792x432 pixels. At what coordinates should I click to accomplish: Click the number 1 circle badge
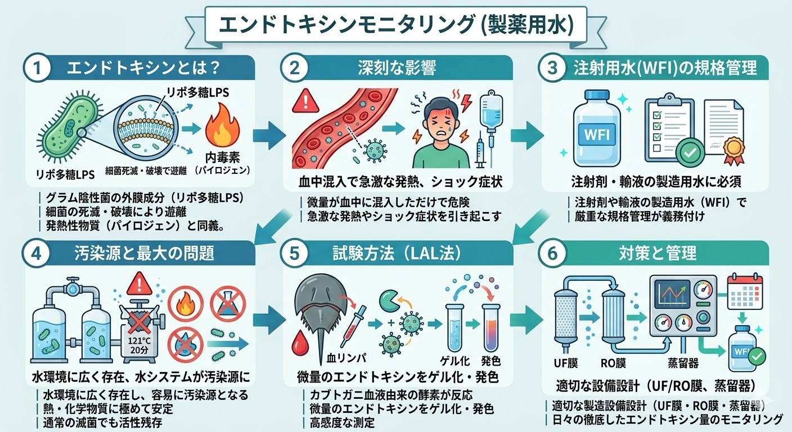tap(37, 69)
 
